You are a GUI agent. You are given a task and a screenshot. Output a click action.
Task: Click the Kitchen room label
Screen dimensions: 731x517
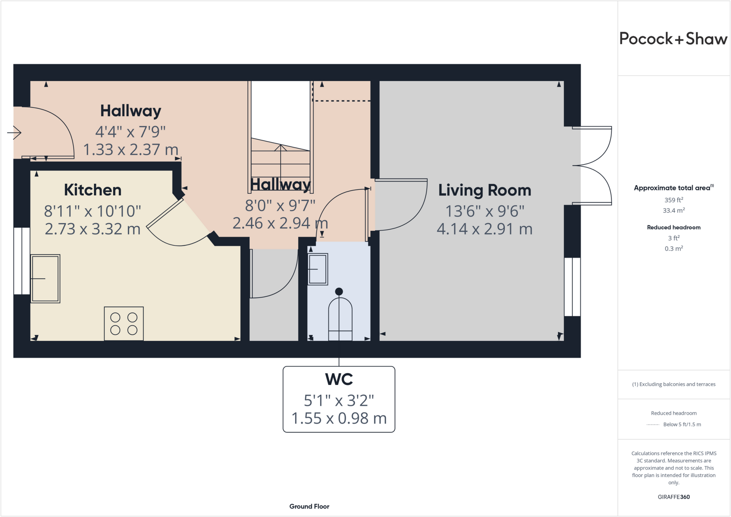(93, 190)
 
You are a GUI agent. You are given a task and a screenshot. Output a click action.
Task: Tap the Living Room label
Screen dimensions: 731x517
(485, 190)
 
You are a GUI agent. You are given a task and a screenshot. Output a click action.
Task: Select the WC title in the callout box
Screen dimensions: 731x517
(339, 379)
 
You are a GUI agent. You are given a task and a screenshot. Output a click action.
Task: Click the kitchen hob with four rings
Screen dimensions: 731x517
(124, 324)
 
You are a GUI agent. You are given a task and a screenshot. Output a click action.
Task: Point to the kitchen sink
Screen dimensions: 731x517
(45, 279)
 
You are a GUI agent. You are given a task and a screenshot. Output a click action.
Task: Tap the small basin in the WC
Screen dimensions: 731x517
(318, 269)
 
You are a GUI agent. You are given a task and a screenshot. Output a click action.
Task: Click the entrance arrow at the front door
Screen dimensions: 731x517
(14, 133)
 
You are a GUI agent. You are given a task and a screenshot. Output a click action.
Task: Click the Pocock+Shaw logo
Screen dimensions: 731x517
(673, 39)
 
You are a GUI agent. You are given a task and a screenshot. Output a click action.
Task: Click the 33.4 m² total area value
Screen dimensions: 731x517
(674, 211)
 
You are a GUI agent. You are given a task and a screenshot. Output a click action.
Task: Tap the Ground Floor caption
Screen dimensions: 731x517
(309, 506)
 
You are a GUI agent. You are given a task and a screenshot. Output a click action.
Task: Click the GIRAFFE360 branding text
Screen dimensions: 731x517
(674, 497)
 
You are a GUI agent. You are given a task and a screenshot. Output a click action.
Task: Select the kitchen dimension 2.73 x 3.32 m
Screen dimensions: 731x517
(93, 229)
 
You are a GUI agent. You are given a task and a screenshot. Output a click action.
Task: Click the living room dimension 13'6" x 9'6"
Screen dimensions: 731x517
(485, 211)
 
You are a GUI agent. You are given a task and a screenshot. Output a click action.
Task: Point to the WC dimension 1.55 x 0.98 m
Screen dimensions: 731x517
(339, 418)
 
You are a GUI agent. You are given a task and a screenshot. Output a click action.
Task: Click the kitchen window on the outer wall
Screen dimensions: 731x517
(22, 261)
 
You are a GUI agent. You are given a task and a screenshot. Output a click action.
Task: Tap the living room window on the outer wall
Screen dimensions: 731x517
(572, 287)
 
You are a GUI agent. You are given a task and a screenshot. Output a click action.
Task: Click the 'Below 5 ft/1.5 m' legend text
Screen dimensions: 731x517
(682, 424)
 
